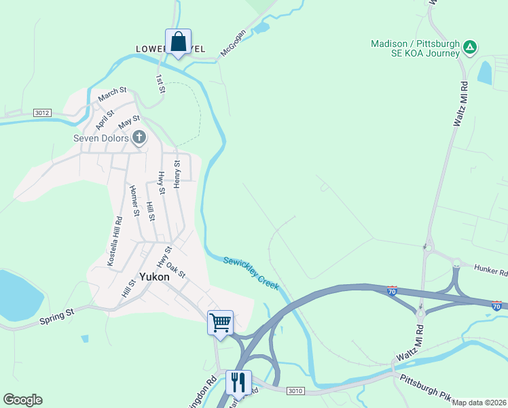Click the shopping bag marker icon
tap(178, 42)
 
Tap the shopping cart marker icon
tap(220, 322)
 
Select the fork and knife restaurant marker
tap(238, 381)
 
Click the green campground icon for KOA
tap(470, 48)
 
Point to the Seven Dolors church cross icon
tap(139, 138)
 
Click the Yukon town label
tap(154, 277)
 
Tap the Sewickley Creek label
tap(251, 273)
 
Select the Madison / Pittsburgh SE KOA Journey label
tap(415, 49)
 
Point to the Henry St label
tap(177, 174)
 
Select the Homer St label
tap(134, 201)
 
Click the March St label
tap(112, 94)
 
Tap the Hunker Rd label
tap(490, 271)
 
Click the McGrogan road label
tap(232, 42)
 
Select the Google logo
tap(22, 400)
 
